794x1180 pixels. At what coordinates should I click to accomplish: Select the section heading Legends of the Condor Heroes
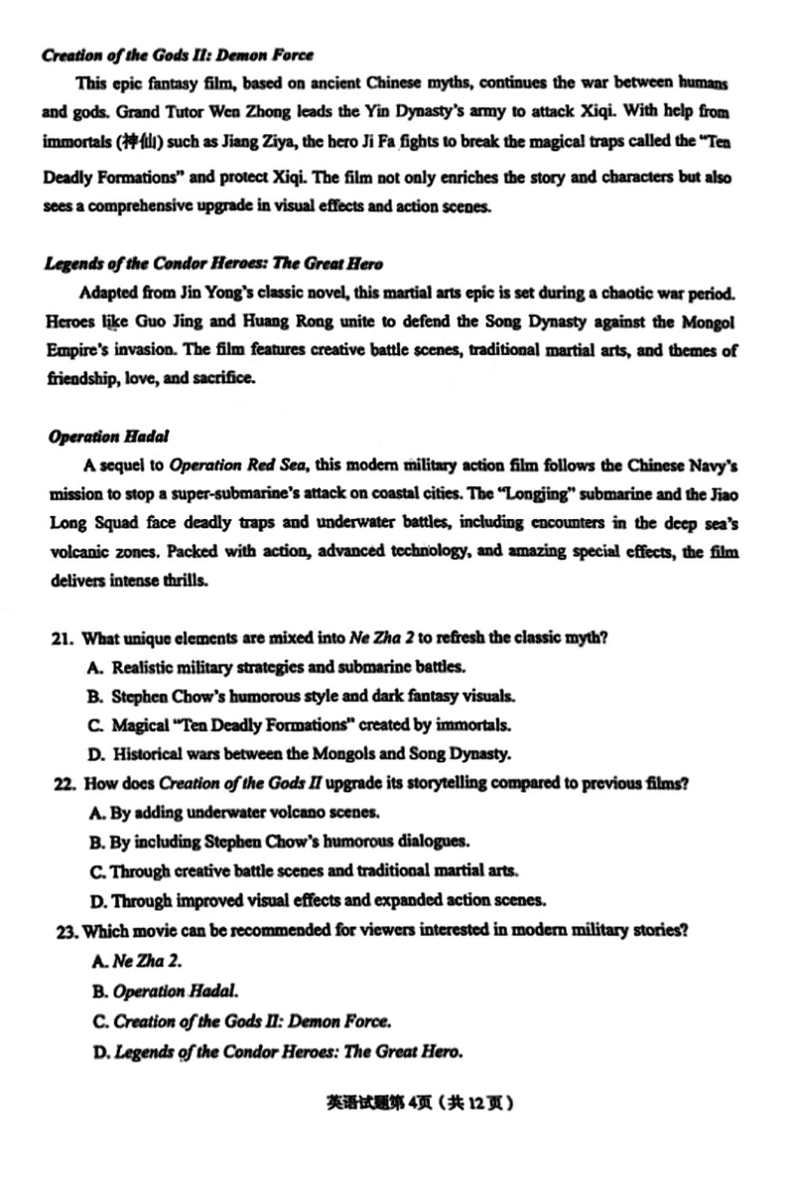click(213, 263)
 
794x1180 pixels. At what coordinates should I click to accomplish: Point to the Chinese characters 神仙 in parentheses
click(133, 141)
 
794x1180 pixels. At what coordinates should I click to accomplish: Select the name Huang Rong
click(272, 323)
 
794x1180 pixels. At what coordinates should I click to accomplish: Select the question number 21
click(63, 638)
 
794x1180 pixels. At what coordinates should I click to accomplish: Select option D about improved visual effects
click(318, 900)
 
